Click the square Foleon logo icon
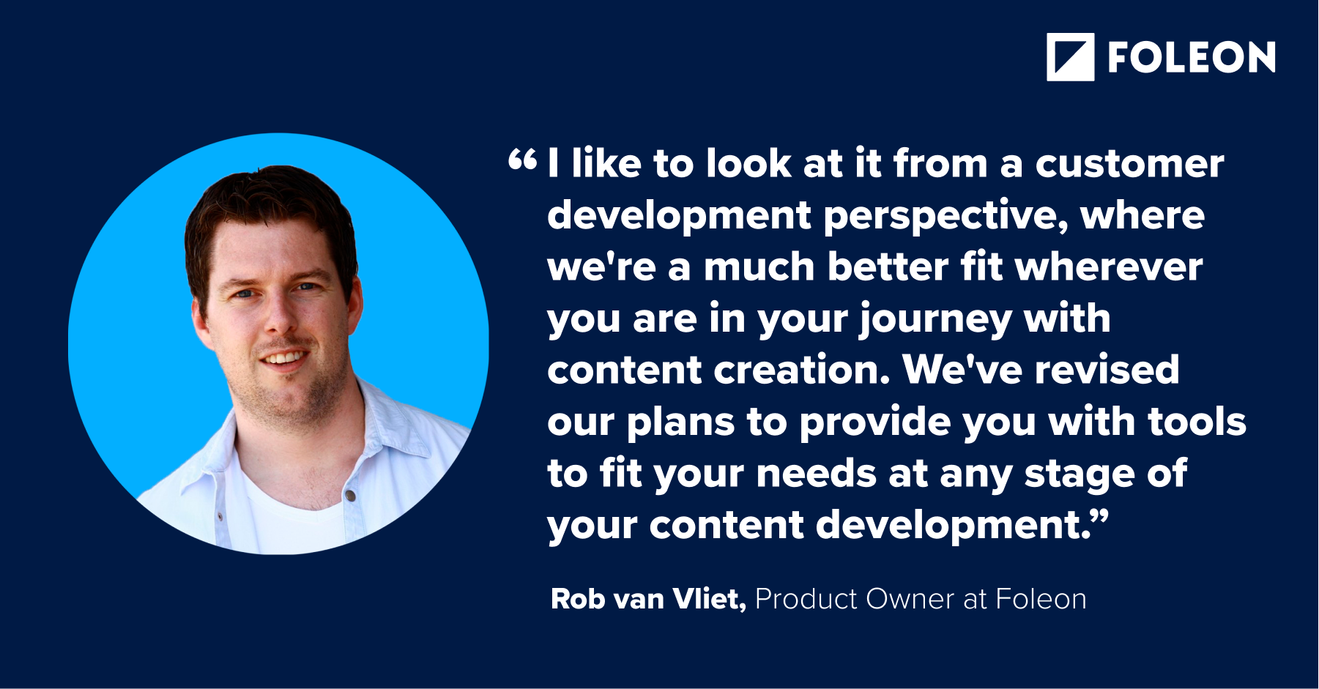(1070, 57)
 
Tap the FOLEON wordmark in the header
(1192, 58)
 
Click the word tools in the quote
(1197, 422)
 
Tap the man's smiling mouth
(285, 358)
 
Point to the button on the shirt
(351, 496)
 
